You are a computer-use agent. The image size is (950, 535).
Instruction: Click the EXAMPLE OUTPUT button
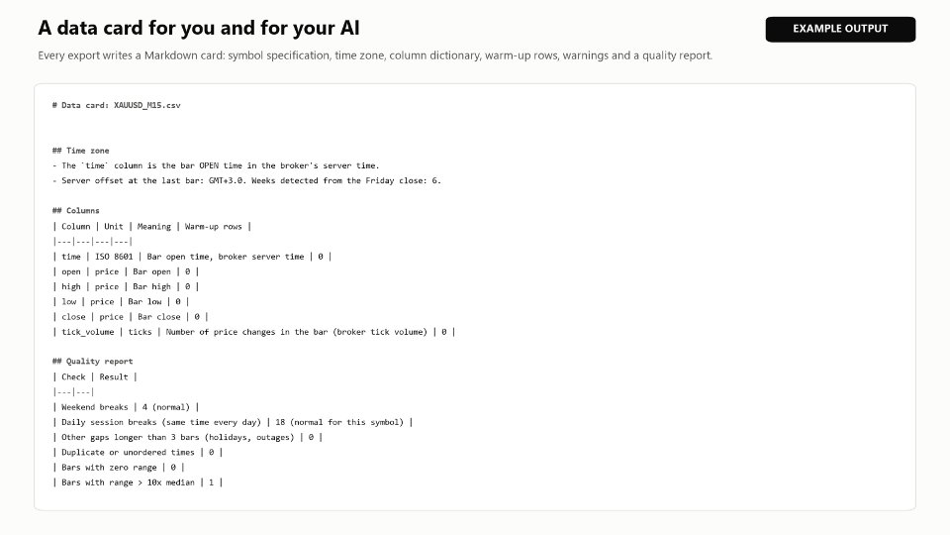840,29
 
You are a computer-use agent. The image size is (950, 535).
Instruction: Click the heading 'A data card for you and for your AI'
199,28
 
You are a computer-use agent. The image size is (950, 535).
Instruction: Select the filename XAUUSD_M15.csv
147,105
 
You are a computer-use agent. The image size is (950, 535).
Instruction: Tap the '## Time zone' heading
80,151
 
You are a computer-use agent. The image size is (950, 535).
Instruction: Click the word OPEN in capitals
209,165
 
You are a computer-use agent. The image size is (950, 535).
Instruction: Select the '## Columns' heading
76,210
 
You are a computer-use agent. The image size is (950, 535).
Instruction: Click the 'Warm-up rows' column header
214,226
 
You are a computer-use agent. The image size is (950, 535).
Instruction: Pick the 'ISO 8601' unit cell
114,257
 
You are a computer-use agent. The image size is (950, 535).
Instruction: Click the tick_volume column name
88,332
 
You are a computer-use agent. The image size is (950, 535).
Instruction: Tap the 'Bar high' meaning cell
152,286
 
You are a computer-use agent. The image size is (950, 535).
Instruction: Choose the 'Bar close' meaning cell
159,317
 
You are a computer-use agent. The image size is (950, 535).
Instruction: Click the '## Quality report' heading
93,361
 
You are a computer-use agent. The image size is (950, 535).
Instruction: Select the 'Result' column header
114,376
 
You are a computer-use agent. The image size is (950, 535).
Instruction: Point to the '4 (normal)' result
166,407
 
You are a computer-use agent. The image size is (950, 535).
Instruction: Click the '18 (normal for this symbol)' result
339,422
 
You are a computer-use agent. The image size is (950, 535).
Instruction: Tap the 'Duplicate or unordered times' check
128,452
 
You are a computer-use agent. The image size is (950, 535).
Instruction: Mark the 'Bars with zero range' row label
109,467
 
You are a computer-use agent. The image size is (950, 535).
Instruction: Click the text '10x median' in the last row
171,482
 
